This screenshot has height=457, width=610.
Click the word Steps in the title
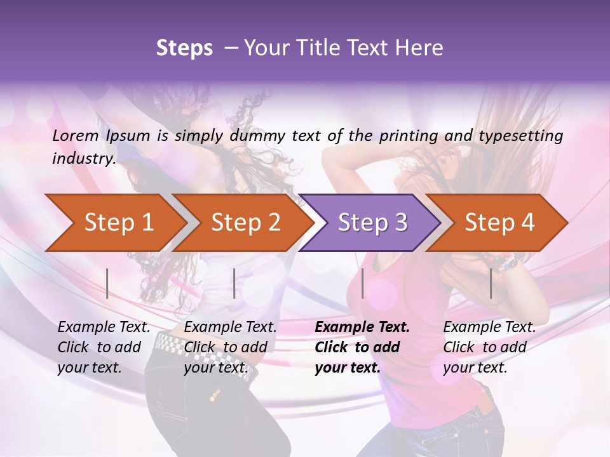coord(184,48)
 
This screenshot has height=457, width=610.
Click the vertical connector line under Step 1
coord(107,283)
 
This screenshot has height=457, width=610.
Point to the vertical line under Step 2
coord(234,283)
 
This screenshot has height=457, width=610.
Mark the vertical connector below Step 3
coord(362,283)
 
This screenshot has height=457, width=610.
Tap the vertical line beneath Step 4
coord(491,283)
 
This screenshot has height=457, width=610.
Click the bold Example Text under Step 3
coord(362,347)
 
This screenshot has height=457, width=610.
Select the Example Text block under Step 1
coord(104,347)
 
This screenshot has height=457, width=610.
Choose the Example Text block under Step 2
coord(230,347)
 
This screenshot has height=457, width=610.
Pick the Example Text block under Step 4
coord(489,347)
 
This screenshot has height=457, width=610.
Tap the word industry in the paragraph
coord(83,159)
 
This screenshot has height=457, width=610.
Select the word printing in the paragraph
coord(402,136)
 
